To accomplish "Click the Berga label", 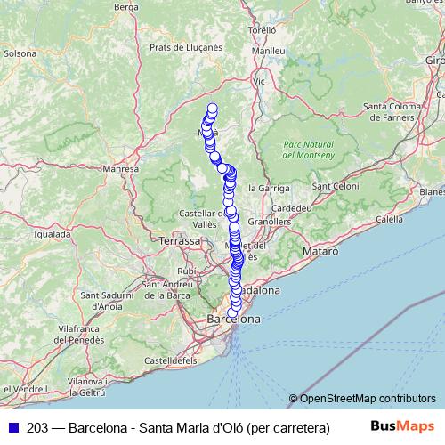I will coord(128,7).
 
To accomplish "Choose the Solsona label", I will coord(20,53).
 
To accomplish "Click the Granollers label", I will coord(272,220).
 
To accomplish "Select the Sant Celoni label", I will coord(335,186).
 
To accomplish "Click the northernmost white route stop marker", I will coord(213,109).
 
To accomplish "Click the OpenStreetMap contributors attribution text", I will coord(368,399).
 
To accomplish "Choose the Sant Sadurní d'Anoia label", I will coord(101,300).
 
